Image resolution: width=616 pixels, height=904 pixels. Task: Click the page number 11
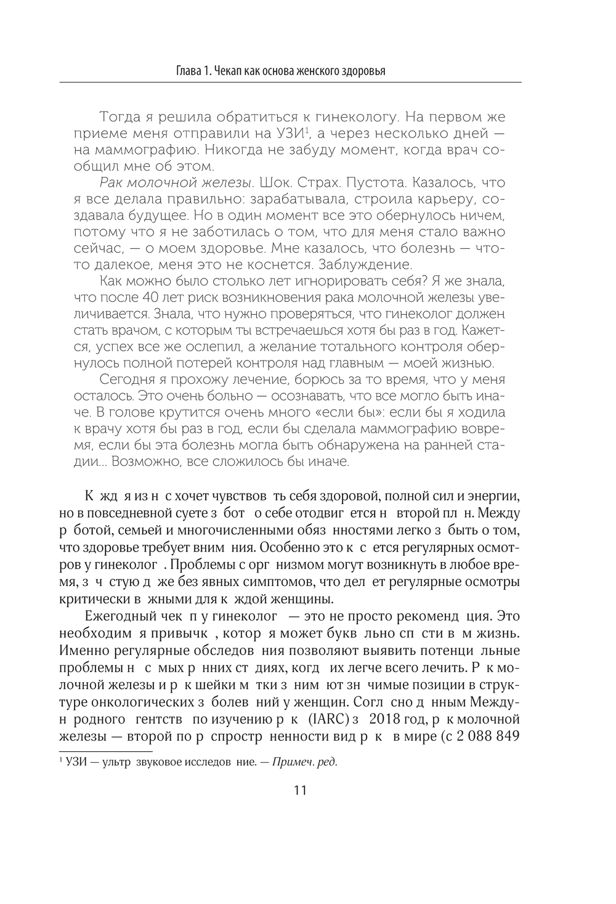301,790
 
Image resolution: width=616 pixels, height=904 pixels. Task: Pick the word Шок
273,183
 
